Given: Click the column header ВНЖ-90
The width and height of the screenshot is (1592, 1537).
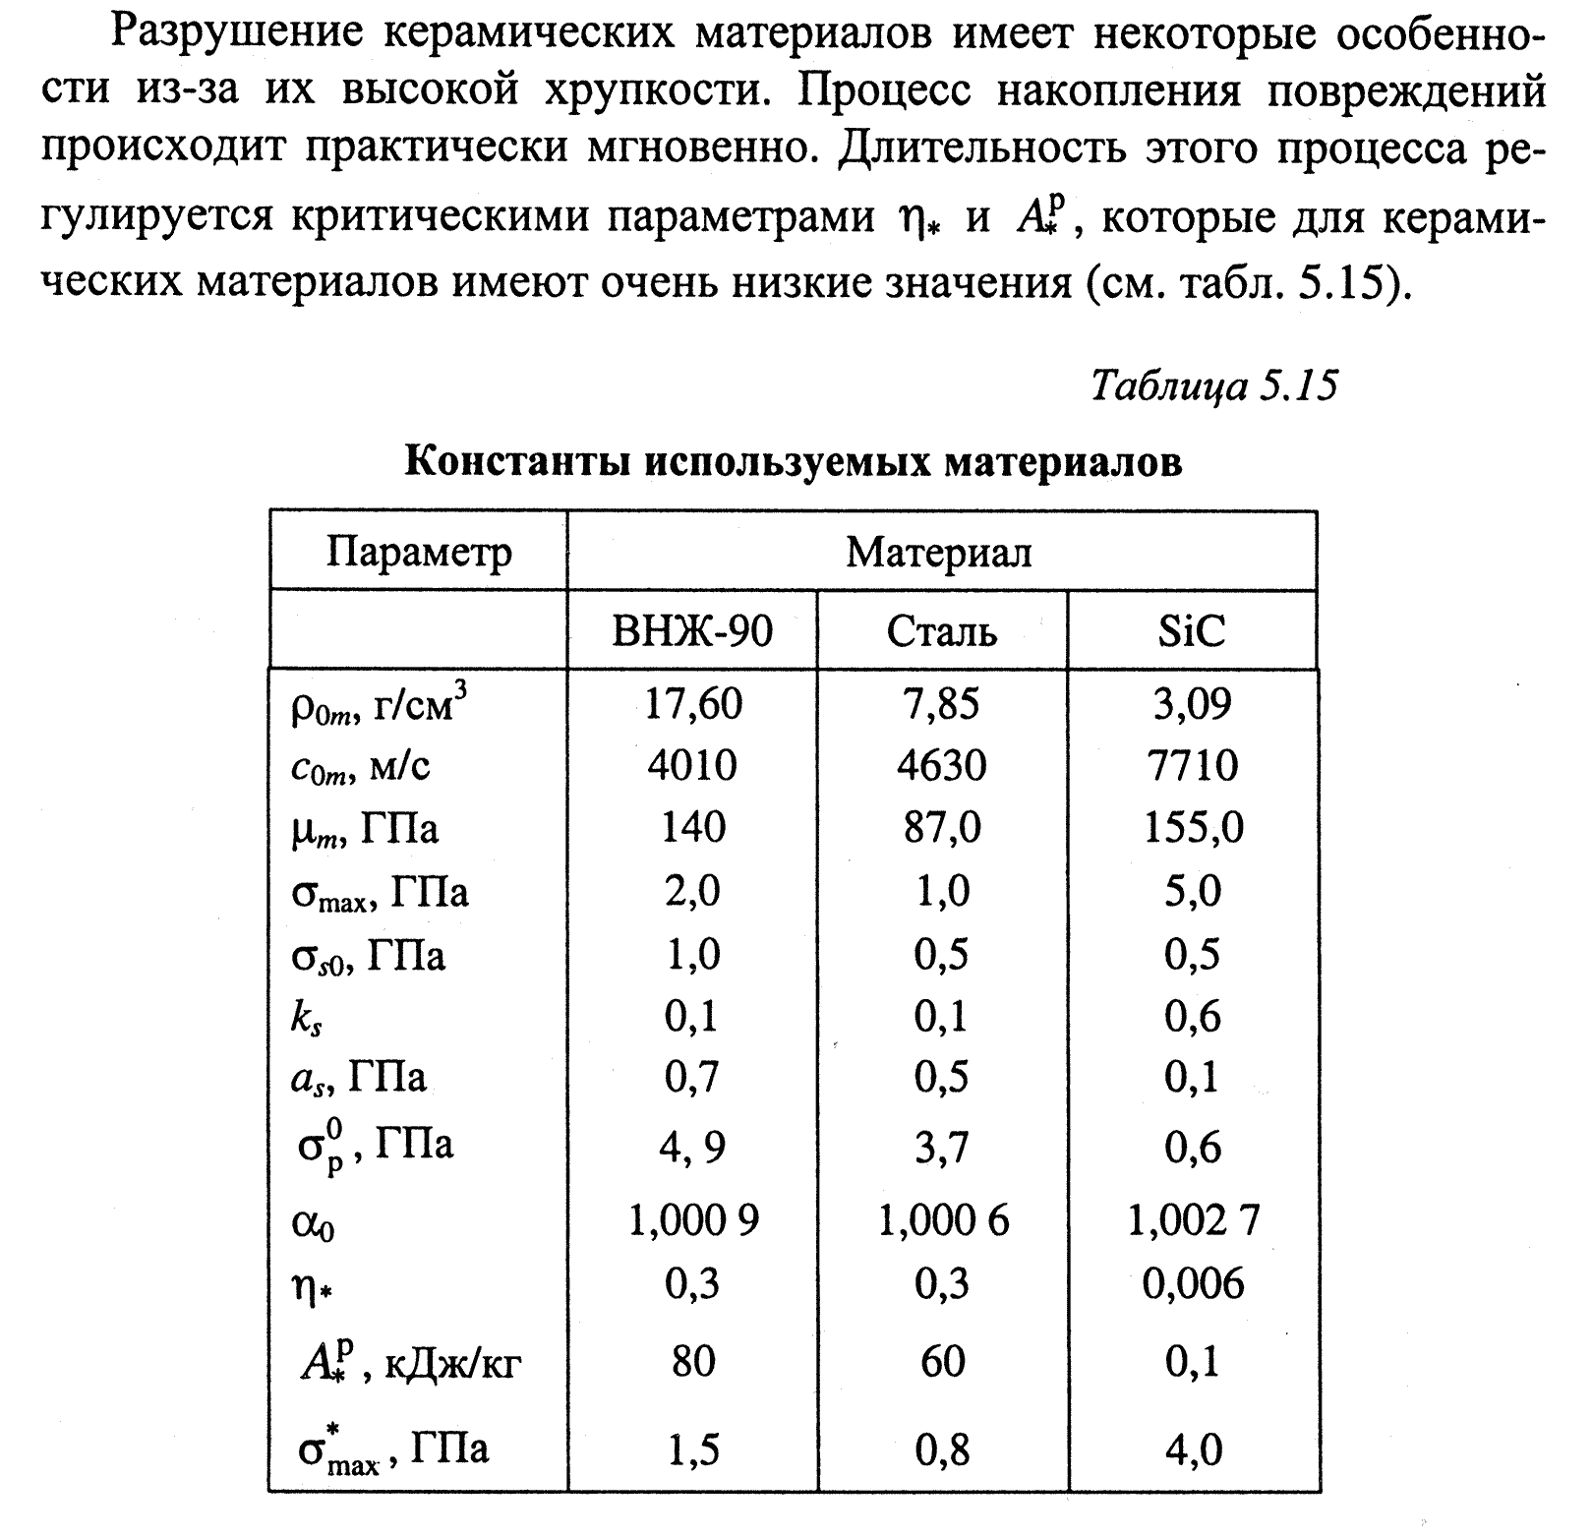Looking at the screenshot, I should click(x=692, y=630).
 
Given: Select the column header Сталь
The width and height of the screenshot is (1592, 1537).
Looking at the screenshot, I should click(x=941, y=630).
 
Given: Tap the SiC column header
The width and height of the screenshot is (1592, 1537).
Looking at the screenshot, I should click(x=1192, y=630).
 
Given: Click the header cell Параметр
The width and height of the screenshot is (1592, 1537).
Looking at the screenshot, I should click(x=419, y=552).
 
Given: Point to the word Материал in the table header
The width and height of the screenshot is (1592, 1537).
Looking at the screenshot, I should click(x=939, y=552).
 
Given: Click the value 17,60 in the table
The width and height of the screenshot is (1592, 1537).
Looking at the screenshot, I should click(x=693, y=704).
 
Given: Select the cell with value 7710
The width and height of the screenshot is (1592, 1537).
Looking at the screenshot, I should click(x=1192, y=765).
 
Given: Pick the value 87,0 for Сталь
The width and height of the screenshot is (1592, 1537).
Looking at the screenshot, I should click(x=941, y=827).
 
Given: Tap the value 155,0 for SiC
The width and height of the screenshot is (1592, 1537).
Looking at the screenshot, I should click(x=1193, y=827).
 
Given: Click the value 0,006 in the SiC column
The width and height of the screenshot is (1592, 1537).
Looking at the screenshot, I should click(x=1193, y=1283).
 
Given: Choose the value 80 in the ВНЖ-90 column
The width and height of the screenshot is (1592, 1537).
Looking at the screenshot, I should click(x=693, y=1362).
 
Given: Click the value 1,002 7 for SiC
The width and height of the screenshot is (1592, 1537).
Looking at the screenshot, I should click(x=1193, y=1221).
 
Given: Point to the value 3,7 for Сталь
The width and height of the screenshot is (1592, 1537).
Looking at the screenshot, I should click(x=941, y=1148).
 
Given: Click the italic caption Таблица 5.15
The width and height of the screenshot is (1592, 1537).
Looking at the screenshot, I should click(x=1214, y=386).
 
